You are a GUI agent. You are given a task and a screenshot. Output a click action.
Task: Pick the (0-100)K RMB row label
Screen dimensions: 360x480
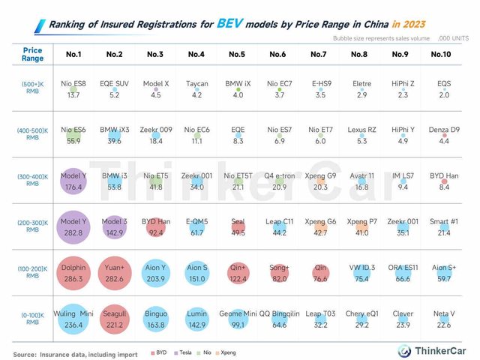[32, 319]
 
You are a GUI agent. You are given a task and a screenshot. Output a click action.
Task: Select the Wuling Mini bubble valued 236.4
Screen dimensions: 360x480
[73, 319]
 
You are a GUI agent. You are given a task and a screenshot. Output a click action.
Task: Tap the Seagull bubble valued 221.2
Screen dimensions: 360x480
[114, 319]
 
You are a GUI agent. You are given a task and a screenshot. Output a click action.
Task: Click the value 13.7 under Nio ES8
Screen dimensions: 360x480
[73, 95]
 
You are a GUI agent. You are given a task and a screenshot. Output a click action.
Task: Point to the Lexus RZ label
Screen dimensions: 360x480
[359, 130]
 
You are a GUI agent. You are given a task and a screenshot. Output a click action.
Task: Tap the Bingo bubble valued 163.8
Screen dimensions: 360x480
[154, 319]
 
